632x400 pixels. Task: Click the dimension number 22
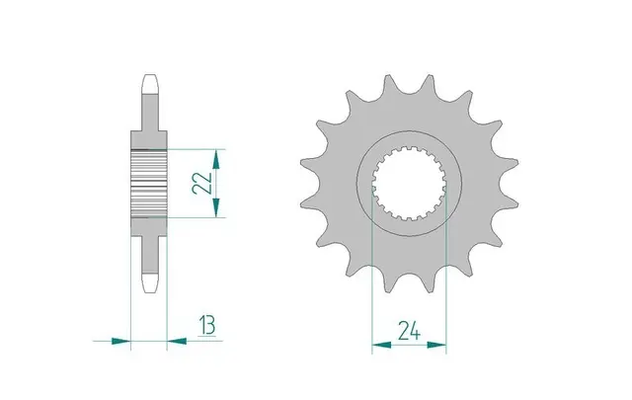point(202,183)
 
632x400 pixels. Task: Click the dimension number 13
point(206,325)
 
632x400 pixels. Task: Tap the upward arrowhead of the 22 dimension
point(216,159)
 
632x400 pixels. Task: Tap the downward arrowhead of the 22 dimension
point(216,207)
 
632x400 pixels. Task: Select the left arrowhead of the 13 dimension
point(120,341)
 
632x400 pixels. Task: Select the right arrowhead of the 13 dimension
point(177,341)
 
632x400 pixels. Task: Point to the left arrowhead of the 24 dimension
point(382,345)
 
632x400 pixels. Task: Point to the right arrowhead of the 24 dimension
point(436,345)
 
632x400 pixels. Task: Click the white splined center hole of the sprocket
point(409,184)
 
